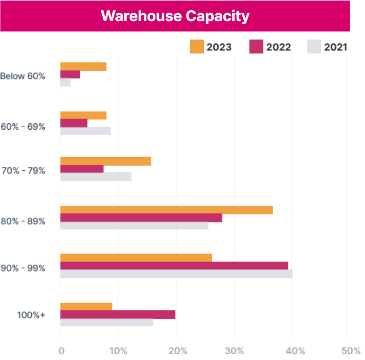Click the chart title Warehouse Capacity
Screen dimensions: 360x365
(x=174, y=16)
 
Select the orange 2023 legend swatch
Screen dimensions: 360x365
(x=196, y=47)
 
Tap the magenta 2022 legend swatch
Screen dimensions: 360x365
(x=256, y=47)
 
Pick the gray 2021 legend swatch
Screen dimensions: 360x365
(x=313, y=47)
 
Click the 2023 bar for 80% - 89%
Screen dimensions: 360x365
(x=166, y=210)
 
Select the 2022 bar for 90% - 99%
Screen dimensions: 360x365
(x=174, y=266)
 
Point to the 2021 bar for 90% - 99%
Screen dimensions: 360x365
(x=176, y=274)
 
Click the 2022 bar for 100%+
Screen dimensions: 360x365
(x=117, y=315)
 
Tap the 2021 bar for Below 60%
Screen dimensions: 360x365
(x=65, y=83)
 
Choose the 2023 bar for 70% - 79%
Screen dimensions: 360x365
(x=105, y=161)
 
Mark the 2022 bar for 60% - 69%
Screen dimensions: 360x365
(x=74, y=123)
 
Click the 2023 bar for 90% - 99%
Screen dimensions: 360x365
(x=136, y=258)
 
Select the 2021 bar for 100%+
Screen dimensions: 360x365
(x=106, y=323)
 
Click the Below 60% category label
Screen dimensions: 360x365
(x=23, y=76)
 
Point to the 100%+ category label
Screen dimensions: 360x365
(x=31, y=315)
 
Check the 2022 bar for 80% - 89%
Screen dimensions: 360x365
(x=141, y=218)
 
